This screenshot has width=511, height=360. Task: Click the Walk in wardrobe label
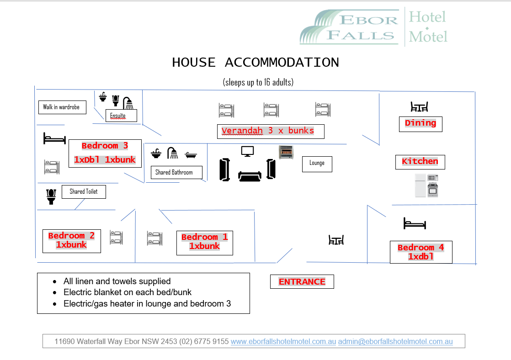62,107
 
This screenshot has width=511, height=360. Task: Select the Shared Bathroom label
176,172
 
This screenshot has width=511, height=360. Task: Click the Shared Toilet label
84,192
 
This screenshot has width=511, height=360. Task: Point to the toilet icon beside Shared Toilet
51,196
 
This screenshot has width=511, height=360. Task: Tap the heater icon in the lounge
286,152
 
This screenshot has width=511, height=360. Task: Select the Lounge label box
317,164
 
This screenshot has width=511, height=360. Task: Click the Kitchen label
420,162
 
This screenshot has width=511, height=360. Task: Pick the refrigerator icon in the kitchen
421,185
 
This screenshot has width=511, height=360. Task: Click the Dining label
421,123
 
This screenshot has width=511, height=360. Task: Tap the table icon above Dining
419,107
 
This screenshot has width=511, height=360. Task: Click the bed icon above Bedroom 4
415,223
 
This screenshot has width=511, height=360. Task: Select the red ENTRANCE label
302,282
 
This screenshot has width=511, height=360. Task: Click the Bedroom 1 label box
205,243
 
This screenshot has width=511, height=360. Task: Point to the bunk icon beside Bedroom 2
117,238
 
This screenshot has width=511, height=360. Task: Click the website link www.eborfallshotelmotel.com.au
283,342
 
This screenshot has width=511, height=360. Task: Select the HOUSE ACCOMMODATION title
255,63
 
